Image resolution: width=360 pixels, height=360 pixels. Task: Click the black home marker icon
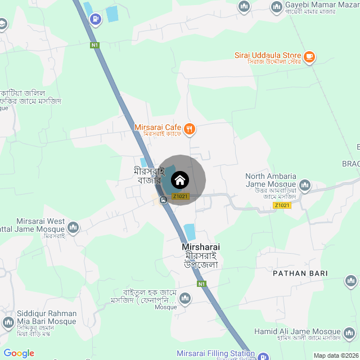pos(180,180)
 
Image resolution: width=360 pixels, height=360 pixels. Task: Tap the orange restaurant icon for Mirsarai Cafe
pos(189,128)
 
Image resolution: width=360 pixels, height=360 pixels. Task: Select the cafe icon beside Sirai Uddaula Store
pos(309,56)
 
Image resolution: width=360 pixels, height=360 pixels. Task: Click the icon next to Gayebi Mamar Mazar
pos(276,7)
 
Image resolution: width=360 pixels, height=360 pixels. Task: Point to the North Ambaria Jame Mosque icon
pos(305,184)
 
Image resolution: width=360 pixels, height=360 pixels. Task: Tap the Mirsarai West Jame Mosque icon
pos(73,227)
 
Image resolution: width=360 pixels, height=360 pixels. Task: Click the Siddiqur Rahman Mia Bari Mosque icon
pos(8,322)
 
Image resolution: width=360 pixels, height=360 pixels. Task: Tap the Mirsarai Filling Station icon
pos(263,355)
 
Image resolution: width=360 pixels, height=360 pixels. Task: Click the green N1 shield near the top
pos(94,45)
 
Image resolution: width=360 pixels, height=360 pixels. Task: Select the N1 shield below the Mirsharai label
pos(201,284)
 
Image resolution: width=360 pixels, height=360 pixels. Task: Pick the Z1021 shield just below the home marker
pos(181,196)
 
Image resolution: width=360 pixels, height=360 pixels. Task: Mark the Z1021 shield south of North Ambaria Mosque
pos(282,205)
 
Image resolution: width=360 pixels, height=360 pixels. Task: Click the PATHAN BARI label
pos(300,273)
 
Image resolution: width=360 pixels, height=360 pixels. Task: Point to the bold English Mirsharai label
pos(201,247)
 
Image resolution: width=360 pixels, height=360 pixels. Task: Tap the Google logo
pos(19,353)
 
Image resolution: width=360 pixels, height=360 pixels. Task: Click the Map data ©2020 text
pos(335,355)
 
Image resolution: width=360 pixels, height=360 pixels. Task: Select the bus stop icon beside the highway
pos(163,200)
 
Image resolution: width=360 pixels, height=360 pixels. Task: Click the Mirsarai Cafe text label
pos(157,128)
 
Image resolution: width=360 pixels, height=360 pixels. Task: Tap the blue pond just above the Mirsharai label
pos(190,231)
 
